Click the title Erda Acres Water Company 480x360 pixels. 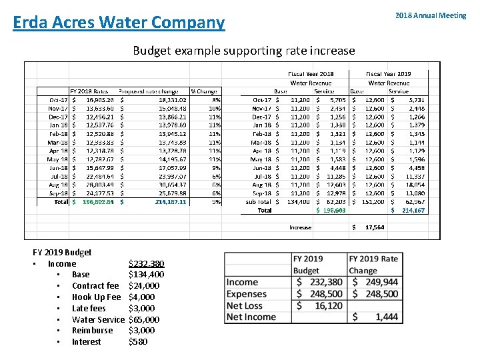(119, 23)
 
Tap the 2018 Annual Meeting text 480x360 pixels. (430, 15)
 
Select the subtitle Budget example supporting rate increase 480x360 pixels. (243, 51)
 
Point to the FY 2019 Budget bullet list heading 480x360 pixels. (62, 252)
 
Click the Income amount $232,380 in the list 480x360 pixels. (146, 263)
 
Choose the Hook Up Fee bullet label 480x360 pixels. (96, 297)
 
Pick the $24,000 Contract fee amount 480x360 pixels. (143, 285)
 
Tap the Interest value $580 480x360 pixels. (137, 341)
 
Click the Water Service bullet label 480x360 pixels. (98, 319)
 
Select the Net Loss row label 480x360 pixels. (244, 305)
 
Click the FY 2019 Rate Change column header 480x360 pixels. (373, 264)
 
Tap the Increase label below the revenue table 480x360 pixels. (300, 227)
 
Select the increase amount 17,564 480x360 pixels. (375, 227)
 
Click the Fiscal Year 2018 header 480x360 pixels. (311, 73)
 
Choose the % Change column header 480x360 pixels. (204, 91)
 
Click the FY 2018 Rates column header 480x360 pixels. (89, 91)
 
